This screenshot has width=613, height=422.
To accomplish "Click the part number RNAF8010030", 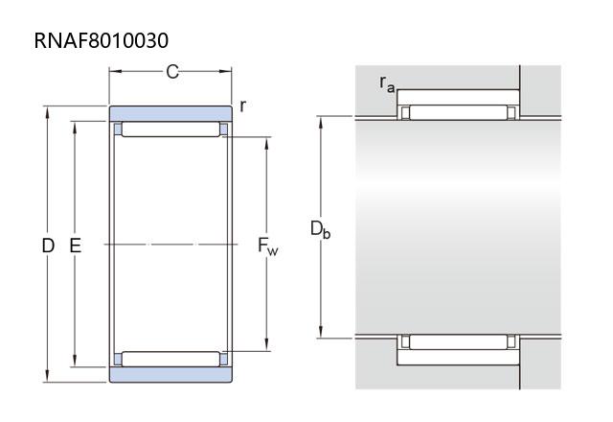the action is point(102,40).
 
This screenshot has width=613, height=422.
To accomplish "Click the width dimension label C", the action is point(172,72).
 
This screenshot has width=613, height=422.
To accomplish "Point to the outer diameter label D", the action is point(48,246).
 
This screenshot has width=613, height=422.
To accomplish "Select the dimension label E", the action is point(75,246).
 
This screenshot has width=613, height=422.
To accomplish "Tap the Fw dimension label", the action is point(268,246).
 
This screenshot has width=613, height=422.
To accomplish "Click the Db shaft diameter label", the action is point(320,229).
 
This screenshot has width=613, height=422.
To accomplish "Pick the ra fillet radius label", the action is point(387,84).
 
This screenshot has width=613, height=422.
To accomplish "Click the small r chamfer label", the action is point(242,105).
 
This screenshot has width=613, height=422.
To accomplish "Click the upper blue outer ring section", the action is point(170,113).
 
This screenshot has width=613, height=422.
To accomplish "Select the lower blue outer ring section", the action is point(170,375).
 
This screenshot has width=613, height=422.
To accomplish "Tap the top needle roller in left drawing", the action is point(170,129).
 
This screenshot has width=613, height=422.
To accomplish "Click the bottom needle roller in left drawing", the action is point(170,359).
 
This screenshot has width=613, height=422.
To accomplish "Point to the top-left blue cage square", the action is point(118,129).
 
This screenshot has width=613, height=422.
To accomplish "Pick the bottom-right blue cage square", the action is point(223,360).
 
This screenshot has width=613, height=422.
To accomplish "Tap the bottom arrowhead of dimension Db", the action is point(321,332).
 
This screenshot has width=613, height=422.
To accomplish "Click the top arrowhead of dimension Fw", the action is point(266,144).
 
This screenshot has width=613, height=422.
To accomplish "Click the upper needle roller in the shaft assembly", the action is point(458,112).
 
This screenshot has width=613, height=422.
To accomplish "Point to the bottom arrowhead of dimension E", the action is point(75,361).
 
